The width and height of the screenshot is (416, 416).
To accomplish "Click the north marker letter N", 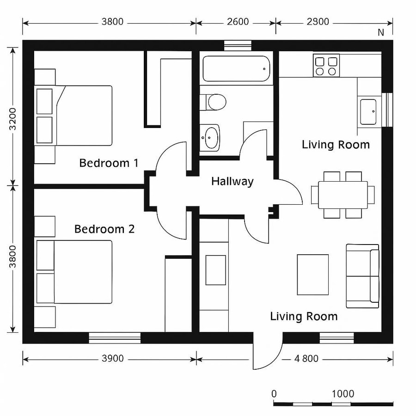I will click(x=381, y=32).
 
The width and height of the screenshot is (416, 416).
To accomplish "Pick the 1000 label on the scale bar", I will click(x=343, y=394).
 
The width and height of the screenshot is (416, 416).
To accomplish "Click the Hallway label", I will click(x=232, y=181).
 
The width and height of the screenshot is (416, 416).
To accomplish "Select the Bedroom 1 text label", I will click(x=109, y=163).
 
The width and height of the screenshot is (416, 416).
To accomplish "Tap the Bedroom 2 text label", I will click(x=104, y=229).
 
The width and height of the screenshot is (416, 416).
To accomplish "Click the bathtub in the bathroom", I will click(x=236, y=69).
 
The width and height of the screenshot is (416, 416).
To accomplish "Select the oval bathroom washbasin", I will click(x=211, y=137).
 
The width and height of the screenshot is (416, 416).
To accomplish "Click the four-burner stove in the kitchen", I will click(x=326, y=65).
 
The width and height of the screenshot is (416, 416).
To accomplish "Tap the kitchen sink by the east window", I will click(x=368, y=111).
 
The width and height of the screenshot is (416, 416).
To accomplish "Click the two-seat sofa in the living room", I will click(x=362, y=276).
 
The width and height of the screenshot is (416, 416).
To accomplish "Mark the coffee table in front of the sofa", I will click(x=312, y=274).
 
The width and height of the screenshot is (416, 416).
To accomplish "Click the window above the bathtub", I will click(x=238, y=45).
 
